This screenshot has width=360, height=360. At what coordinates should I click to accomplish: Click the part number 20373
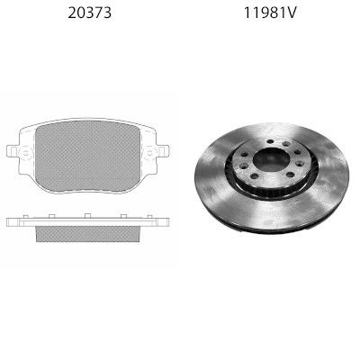coord(89,13)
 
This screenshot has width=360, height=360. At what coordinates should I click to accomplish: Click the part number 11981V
coord(270,13)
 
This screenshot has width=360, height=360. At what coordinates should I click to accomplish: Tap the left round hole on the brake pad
coord(25,153)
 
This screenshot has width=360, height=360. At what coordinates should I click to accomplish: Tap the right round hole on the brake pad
coord(150,153)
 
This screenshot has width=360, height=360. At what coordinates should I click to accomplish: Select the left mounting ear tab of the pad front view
coord(12,151)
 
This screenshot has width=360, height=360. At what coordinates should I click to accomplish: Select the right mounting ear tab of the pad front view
coord(164,151)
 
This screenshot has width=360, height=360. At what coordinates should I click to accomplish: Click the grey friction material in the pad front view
coord(87,156)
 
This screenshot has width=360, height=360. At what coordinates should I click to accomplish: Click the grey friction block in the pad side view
coord(88,234)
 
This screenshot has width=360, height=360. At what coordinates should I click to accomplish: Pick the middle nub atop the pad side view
coord(87,216)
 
